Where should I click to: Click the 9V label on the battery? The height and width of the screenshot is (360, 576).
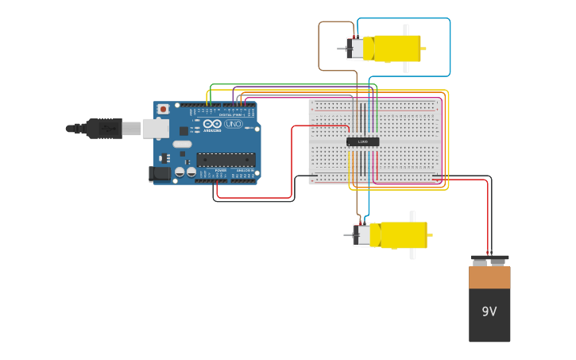(x=489, y=312)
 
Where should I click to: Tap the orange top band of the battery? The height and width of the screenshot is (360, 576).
(x=489, y=277)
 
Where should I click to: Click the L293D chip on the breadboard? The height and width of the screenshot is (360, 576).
(x=363, y=141)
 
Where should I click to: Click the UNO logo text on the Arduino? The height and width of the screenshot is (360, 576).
(x=234, y=124)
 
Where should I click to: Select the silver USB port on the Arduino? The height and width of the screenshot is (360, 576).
(x=155, y=128)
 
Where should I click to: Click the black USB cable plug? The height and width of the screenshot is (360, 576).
(x=104, y=128)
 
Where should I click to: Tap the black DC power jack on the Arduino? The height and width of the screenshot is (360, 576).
(x=159, y=173)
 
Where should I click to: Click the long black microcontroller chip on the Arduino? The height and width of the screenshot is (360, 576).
(x=226, y=160)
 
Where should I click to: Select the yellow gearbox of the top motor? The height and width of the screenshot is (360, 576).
(x=396, y=48)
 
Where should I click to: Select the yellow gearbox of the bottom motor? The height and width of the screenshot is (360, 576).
(x=403, y=235)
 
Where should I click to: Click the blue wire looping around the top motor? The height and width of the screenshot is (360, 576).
(x=450, y=48)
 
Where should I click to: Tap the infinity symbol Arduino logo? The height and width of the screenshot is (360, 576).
(x=212, y=124)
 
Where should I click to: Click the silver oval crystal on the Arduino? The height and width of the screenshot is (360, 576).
(x=182, y=145)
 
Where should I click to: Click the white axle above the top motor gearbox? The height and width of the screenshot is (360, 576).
(x=406, y=29)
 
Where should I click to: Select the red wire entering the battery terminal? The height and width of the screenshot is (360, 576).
(x=487, y=223)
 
